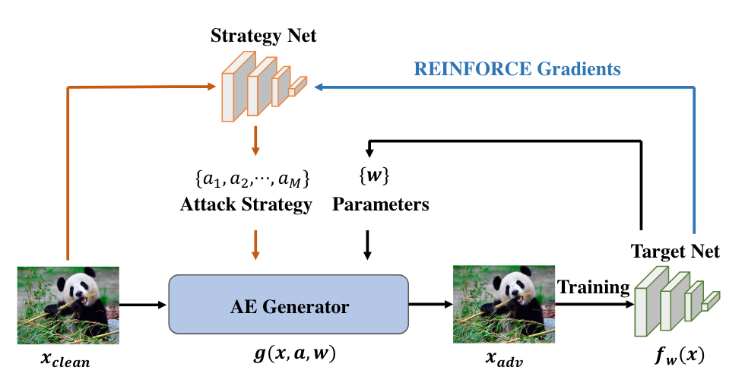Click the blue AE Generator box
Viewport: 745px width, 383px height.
click(288, 305)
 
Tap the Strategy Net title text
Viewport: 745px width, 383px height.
click(263, 36)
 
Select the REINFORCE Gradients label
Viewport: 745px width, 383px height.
click(518, 69)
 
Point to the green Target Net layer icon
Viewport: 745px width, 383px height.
click(677, 301)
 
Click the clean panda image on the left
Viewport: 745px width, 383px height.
click(68, 305)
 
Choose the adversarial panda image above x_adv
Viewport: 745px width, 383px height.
click(503, 305)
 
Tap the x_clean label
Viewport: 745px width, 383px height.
click(65, 359)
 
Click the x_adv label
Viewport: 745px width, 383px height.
click(503, 359)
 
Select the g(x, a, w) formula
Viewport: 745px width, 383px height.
click(294, 354)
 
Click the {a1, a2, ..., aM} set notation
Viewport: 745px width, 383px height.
click(252, 179)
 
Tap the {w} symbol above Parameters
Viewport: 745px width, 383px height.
click(374, 176)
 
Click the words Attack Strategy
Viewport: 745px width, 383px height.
click(246, 204)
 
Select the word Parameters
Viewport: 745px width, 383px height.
click(381, 204)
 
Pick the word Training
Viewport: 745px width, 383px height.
click(594, 287)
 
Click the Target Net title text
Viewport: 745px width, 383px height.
click(675, 252)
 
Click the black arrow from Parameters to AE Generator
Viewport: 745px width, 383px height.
click(366, 245)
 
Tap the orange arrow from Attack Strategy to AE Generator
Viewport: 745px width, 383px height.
click(255, 245)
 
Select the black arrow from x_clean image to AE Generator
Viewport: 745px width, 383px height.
click(143, 305)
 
